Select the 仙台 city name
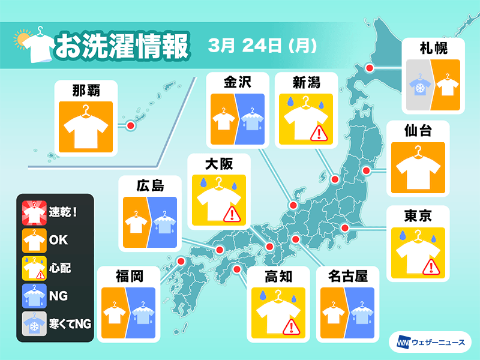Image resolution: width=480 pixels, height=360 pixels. (x=418, y=130)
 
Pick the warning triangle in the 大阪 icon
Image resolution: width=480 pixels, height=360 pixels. (x=230, y=214)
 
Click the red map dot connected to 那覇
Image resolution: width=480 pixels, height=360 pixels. (x=129, y=125)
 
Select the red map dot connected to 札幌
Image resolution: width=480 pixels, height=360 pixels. (x=370, y=68)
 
